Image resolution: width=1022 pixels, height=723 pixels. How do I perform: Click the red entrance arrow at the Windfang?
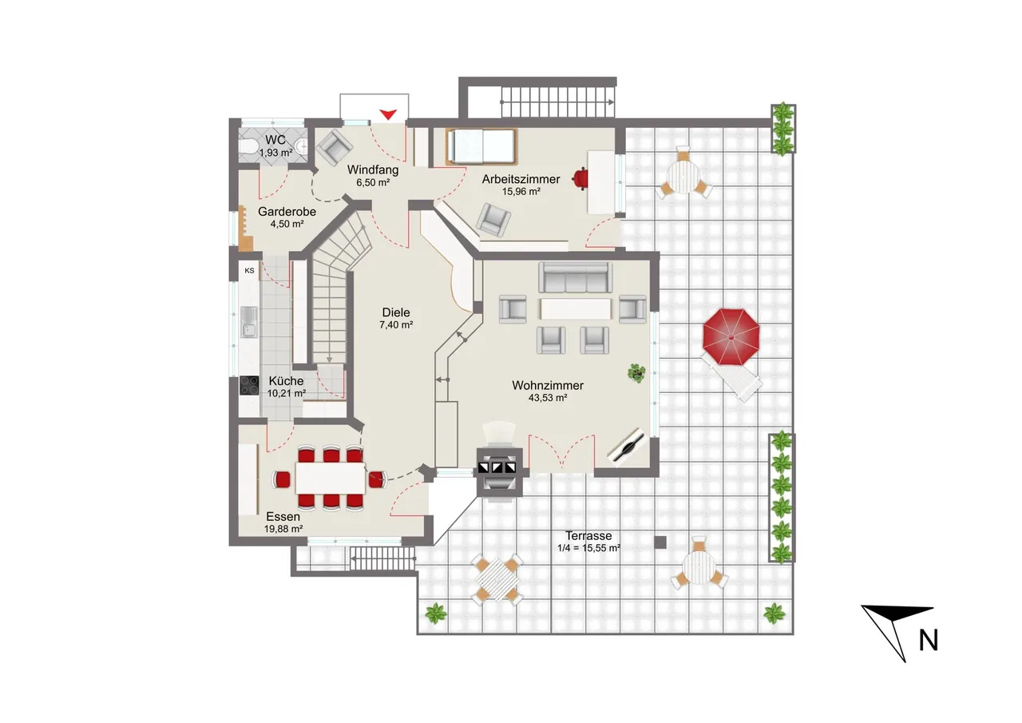(x=388, y=114)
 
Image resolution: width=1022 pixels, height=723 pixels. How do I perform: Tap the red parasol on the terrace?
(x=731, y=337)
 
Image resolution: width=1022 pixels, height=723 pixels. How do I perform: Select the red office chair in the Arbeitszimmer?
(x=580, y=178)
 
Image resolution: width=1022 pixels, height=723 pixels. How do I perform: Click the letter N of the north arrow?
(x=928, y=641)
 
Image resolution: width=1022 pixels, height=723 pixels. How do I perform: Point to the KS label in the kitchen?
(x=249, y=271)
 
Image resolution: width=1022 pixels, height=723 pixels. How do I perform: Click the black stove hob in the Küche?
(x=249, y=385)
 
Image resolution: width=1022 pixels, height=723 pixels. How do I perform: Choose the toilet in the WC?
(x=248, y=146)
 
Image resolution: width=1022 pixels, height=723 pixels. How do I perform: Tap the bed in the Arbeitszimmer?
(x=481, y=146)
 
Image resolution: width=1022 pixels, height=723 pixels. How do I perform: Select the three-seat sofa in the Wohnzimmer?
(x=576, y=277)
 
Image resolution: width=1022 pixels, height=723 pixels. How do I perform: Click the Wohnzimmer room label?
(x=548, y=385)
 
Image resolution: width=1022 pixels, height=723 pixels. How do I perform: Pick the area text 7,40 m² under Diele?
(x=396, y=325)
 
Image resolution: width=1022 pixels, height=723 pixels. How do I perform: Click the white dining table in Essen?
(x=331, y=478)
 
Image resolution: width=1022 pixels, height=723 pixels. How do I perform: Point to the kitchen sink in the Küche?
(x=249, y=322)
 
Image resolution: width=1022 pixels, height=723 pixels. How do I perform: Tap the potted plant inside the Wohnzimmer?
(x=636, y=372)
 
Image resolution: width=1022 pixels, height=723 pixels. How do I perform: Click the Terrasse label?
(x=588, y=536)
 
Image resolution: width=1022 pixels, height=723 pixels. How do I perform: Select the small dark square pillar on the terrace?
(x=660, y=542)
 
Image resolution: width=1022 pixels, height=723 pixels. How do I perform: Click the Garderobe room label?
(x=287, y=212)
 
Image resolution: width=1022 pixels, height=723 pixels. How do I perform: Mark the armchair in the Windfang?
(x=335, y=146)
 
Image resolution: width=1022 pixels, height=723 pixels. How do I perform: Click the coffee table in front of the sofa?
(x=576, y=309)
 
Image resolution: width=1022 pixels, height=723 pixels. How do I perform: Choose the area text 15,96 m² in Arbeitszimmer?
(x=521, y=192)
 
